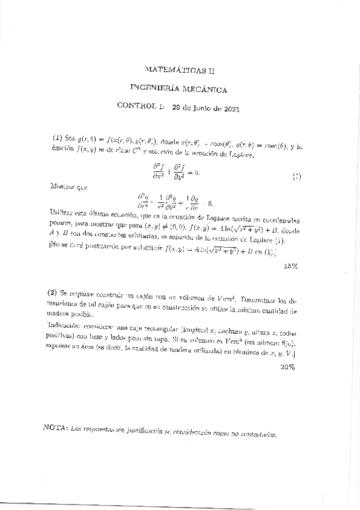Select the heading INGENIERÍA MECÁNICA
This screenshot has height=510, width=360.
[x=178, y=90]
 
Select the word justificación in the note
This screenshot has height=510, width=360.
[x=145, y=429]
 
